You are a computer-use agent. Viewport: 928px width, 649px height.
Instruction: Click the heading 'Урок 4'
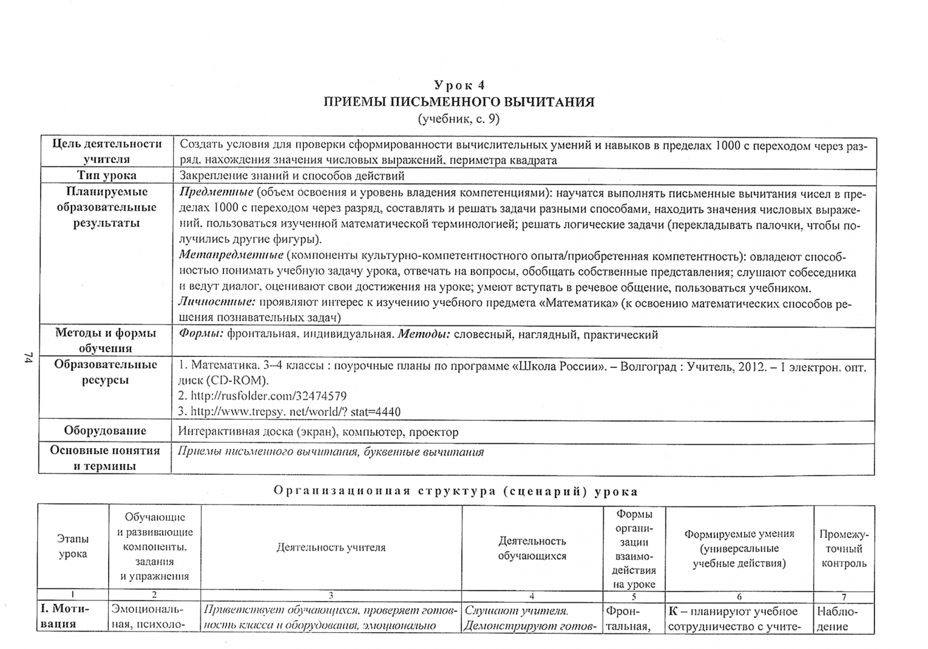[459, 85]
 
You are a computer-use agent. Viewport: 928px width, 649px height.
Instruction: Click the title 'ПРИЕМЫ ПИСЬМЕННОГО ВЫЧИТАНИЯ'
[459, 102]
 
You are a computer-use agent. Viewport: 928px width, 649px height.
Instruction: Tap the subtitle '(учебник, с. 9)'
[459, 118]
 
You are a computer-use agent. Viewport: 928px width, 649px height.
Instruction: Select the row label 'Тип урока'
[106, 175]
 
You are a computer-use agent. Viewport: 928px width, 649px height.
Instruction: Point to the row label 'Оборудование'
[105, 431]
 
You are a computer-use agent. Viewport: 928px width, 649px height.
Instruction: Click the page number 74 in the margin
[28, 358]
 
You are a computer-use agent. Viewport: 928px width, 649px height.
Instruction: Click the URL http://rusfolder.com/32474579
[262, 396]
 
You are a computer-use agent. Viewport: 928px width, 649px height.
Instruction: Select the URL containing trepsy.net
[290, 412]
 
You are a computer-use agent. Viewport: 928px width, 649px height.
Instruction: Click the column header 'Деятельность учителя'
[331, 547]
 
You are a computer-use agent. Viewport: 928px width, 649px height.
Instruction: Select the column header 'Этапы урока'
[73, 546]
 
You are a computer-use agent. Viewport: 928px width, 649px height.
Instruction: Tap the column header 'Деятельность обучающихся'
[532, 548]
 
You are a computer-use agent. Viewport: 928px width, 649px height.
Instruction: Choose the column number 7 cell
[844, 596]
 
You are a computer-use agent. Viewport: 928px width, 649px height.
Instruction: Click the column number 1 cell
[73, 596]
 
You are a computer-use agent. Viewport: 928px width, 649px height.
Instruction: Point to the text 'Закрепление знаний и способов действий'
[292, 175]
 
